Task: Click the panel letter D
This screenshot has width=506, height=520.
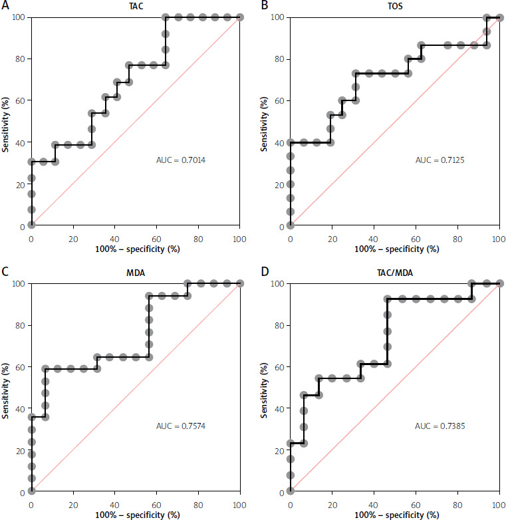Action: pos(265,271)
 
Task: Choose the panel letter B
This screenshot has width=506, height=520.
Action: pos(265,5)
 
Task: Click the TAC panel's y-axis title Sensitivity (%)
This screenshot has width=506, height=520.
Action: pos(5,122)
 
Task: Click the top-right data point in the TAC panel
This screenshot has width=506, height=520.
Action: pos(239,17)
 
